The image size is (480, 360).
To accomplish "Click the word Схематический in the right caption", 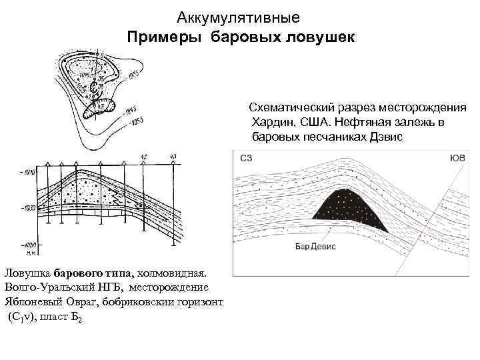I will tap(290, 109).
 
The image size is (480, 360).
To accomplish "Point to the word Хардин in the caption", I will tap(273, 123).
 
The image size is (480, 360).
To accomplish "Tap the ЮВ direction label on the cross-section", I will tap(458, 158).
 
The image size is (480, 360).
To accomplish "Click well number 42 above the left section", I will tap(144, 157).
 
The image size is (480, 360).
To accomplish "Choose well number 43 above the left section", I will tap(173, 157).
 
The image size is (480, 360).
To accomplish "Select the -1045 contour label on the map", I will tap(131, 108).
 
